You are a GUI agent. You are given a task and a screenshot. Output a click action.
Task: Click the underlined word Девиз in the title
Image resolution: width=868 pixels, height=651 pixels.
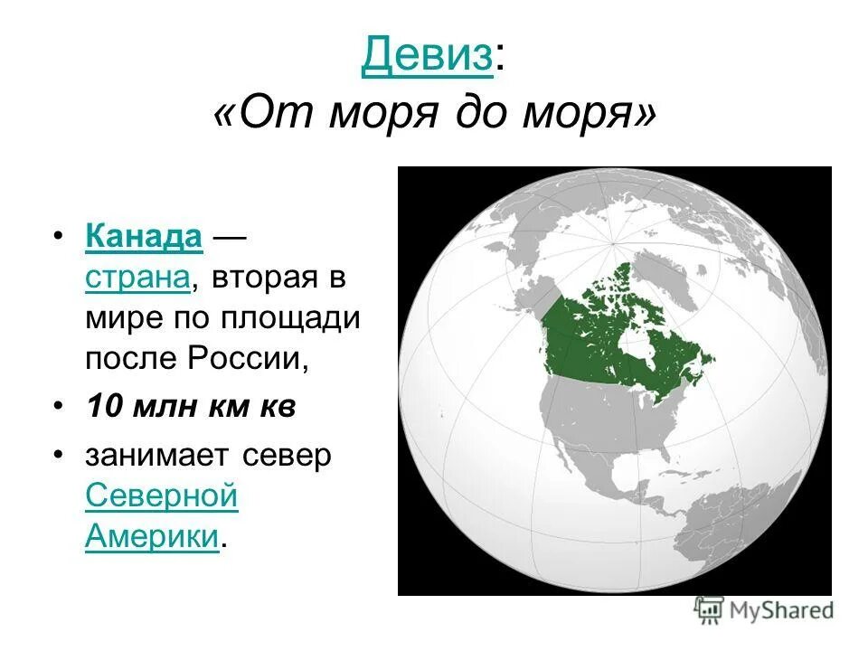[427, 57]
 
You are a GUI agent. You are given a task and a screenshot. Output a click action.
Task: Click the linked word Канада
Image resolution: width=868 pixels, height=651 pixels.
[144, 236]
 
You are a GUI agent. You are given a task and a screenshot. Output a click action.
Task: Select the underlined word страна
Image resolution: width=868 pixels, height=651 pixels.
[138, 278]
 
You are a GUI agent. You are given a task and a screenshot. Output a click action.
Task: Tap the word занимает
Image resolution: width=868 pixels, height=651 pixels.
[158, 455]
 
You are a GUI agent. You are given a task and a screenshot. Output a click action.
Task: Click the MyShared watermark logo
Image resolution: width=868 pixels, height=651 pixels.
[764, 610]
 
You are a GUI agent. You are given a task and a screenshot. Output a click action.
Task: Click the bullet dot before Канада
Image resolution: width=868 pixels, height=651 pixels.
[58, 237]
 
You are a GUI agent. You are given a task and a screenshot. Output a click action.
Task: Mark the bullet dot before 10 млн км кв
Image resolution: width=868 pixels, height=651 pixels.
[58, 408]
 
